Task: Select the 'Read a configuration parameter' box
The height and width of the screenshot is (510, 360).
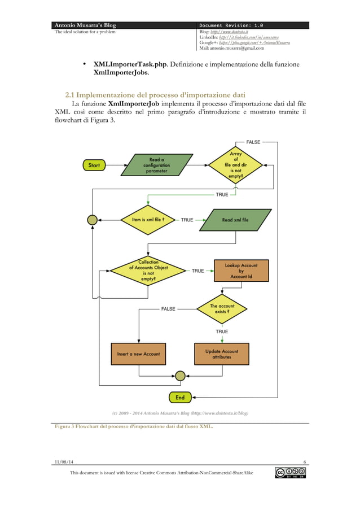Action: tap(153, 165)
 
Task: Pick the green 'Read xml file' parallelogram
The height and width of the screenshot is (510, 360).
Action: tap(235, 220)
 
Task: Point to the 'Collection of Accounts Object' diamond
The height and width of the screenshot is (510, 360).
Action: tap(148, 271)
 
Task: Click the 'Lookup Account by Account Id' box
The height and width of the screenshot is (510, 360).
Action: tap(241, 271)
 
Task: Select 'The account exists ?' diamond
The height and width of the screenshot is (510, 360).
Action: tap(222, 309)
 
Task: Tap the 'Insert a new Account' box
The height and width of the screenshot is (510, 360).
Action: tap(138, 354)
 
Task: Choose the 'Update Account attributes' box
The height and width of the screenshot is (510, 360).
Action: tap(221, 354)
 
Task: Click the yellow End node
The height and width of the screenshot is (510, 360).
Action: tap(179, 397)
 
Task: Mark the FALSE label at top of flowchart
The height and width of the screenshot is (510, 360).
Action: tap(253, 142)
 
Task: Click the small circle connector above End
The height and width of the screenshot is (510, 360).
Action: tap(179, 375)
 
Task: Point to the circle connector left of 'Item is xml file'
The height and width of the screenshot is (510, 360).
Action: tap(92, 220)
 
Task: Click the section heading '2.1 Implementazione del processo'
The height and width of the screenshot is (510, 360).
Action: tap(156, 94)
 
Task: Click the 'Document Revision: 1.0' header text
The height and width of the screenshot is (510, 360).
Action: tap(231, 25)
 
